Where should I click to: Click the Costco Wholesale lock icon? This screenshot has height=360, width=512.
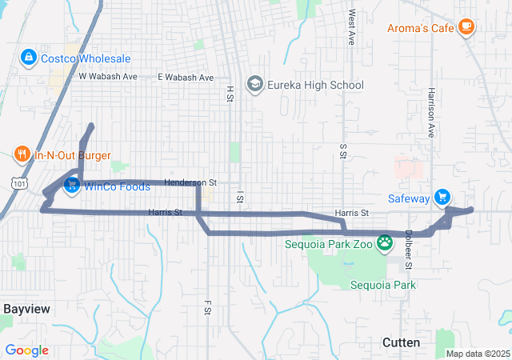[x=28, y=58]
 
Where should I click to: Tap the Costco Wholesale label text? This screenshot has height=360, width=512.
[x=86, y=58]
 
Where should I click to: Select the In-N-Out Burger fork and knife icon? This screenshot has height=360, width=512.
[x=22, y=154]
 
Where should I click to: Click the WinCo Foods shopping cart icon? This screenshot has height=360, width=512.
[x=72, y=186]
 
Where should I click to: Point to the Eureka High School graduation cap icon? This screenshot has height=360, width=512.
[x=255, y=84]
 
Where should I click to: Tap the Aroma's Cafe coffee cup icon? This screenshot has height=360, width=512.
[x=466, y=28]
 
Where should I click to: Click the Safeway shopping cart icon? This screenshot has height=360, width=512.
[x=442, y=197]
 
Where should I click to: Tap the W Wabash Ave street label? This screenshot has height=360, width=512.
[x=108, y=77]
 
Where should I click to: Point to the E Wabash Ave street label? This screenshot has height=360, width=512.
[x=186, y=78]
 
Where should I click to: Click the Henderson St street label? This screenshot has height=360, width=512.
[x=190, y=182]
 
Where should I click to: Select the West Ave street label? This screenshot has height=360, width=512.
[x=352, y=27]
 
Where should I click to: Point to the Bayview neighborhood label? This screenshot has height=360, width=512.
[x=26, y=308]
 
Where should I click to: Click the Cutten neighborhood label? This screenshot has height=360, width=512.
[x=401, y=342]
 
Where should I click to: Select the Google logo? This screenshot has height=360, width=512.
[x=27, y=350]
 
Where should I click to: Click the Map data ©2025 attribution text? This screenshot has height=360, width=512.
[x=478, y=354]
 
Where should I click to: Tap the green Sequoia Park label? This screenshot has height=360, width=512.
[x=382, y=285]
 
